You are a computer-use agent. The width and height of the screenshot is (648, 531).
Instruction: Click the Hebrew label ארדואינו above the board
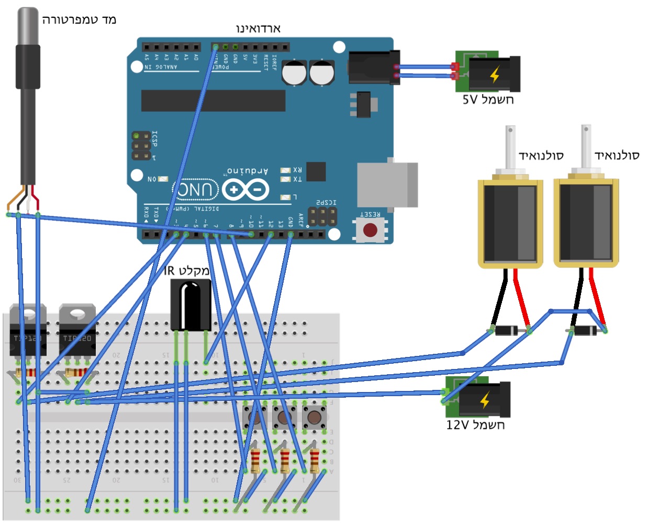(x=258, y=28)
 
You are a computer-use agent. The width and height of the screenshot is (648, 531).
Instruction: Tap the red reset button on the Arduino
(x=370, y=230)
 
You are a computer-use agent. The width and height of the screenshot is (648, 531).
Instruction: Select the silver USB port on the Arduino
(x=387, y=184)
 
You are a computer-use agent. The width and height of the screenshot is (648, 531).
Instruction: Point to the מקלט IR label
(x=186, y=271)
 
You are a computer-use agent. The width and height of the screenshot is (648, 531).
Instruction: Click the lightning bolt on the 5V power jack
(x=495, y=75)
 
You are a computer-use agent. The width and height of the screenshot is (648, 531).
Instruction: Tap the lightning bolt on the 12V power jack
(x=485, y=400)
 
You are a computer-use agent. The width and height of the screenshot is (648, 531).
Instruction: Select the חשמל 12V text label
(x=475, y=425)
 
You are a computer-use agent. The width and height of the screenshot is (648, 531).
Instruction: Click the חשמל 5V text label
(x=488, y=99)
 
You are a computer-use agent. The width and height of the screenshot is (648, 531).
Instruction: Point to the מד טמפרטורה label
(x=79, y=20)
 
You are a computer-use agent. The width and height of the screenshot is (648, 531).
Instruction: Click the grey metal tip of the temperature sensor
(x=28, y=26)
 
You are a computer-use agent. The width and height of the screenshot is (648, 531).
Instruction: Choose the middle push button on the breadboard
(x=284, y=418)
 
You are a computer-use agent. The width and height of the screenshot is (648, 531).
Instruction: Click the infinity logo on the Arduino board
(x=245, y=190)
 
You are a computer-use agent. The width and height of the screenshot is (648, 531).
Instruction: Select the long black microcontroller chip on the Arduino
(x=213, y=100)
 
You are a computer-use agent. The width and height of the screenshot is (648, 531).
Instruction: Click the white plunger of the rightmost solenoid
(x=586, y=146)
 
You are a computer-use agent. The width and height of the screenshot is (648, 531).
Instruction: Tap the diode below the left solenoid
(x=507, y=330)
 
